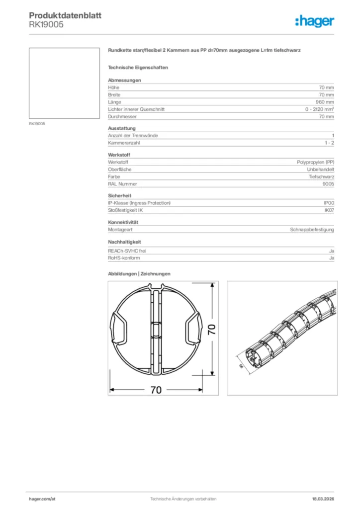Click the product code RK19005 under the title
[x=46, y=24]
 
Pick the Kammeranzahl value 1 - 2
[x=329, y=143]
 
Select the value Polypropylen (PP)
[x=312, y=162]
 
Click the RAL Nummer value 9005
[x=328, y=184]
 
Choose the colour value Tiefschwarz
[x=321, y=176]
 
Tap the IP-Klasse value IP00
[x=329, y=203]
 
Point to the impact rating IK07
[x=329, y=210]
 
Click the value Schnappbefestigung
[x=312, y=230]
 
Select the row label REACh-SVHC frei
[x=127, y=251]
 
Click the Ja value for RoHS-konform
[x=331, y=258]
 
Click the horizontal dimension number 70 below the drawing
[x=156, y=390]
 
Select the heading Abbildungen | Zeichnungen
[x=139, y=274]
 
